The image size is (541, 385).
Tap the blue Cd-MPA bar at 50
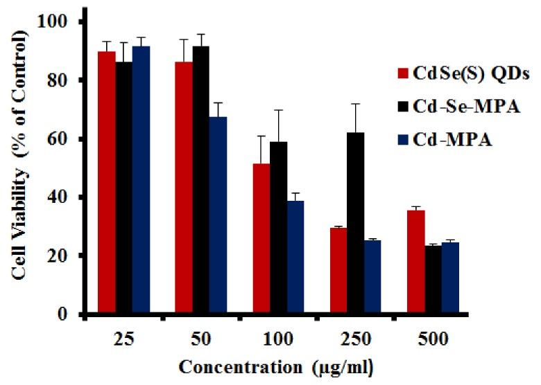click(x=218, y=215)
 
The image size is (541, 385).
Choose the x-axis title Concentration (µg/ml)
click(x=277, y=368)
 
